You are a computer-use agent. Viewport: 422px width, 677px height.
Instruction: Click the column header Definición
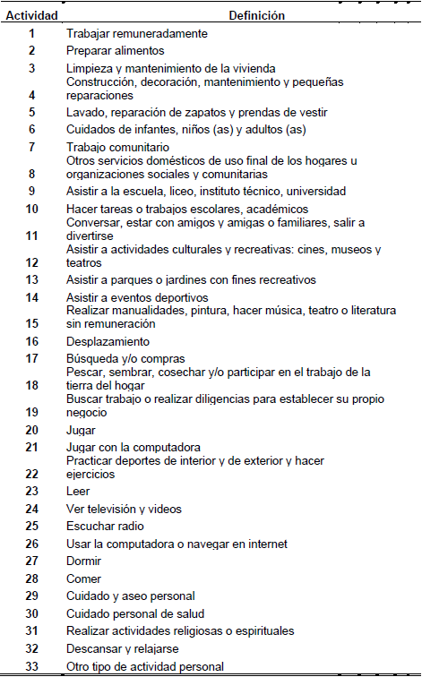coord(257,15)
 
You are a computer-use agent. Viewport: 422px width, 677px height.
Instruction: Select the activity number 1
coord(31,34)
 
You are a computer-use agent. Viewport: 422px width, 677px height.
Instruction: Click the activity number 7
coord(31,146)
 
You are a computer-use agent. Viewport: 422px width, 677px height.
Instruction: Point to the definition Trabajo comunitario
coord(117,147)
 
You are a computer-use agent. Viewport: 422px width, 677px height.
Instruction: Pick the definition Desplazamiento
coord(108,341)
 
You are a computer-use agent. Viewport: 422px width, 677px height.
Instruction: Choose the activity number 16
coord(31,341)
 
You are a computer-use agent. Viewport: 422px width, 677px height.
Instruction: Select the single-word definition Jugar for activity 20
coord(81,430)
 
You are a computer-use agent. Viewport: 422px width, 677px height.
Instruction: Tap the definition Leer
coord(79,491)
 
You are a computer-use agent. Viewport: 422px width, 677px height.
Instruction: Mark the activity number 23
coord(31,491)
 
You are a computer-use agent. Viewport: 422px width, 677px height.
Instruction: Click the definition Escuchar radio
coord(105,526)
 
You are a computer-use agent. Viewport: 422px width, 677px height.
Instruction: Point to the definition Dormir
coord(83,561)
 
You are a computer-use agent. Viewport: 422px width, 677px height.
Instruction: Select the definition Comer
coord(82,578)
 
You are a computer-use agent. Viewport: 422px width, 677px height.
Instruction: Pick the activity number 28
coord(31,578)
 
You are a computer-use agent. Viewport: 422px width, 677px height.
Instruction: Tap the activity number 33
coord(31,666)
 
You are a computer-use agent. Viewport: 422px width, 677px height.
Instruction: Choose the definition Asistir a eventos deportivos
coord(137,297)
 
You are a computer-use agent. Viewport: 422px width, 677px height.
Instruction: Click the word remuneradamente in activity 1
coord(158,34)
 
